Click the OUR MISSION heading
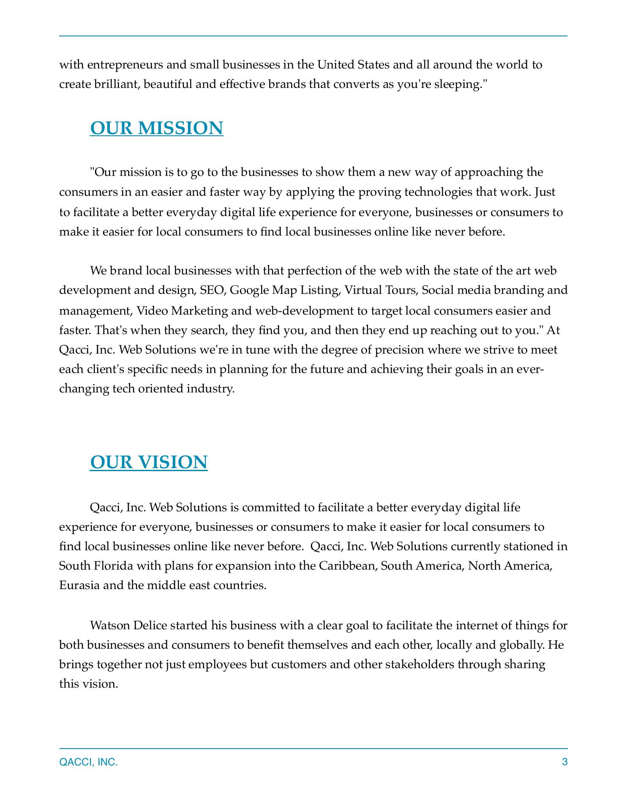click(x=156, y=128)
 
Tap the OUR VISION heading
click(x=149, y=462)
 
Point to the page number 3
click(x=564, y=762)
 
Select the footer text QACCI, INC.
click(x=89, y=763)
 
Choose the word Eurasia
click(x=80, y=586)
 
